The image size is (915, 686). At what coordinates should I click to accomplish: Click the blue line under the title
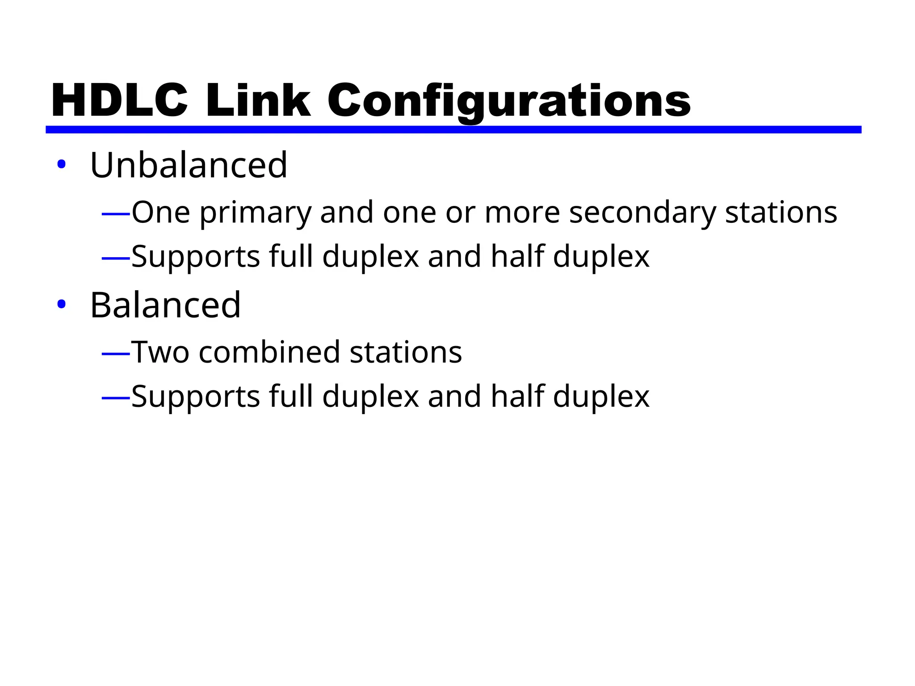click(453, 130)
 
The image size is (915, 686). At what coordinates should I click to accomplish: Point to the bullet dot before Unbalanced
click(62, 164)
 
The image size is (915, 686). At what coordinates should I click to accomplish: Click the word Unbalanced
click(189, 165)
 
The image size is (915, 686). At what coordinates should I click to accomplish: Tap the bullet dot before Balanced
click(62, 305)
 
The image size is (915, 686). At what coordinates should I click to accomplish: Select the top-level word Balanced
click(165, 305)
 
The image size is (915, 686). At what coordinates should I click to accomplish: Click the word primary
click(256, 213)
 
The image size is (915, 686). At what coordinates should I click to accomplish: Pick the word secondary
click(642, 213)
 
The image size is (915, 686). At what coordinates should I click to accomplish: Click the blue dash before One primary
click(116, 214)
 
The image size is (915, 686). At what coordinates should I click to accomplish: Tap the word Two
click(160, 352)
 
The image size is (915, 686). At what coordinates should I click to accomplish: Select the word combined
click(269, 352)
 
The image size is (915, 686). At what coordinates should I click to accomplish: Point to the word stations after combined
click(406, 352)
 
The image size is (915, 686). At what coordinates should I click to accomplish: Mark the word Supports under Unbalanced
click(196, 258)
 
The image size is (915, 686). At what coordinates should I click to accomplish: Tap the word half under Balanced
click(518, 396)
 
